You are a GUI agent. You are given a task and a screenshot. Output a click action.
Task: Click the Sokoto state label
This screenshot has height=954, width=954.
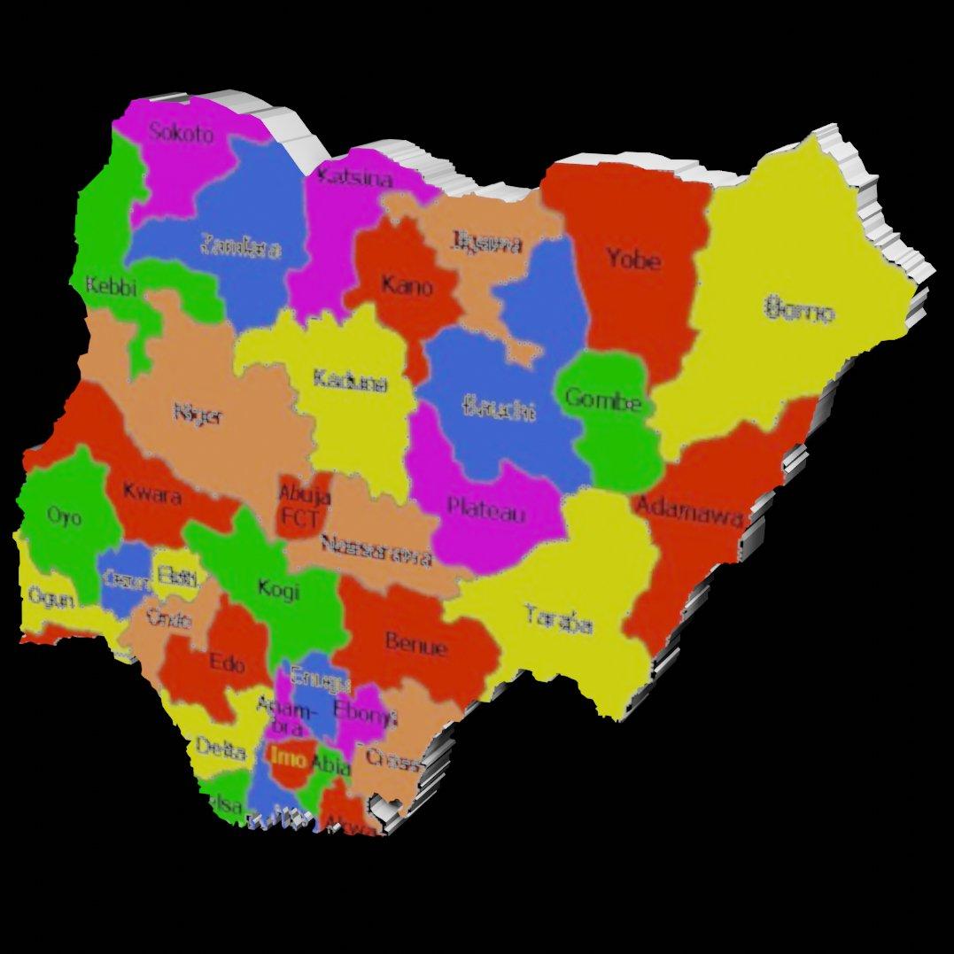181,134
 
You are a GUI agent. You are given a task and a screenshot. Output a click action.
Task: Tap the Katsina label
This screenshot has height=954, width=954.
354,177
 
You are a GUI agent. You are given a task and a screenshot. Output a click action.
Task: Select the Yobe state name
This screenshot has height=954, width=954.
632,260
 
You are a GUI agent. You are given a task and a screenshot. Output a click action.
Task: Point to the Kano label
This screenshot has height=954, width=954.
407,286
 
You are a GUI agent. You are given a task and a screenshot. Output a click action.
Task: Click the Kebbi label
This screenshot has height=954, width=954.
111,286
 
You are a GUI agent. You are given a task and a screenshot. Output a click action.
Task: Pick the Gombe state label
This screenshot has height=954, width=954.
602,400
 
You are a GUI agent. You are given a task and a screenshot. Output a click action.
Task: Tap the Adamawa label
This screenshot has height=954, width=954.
688,510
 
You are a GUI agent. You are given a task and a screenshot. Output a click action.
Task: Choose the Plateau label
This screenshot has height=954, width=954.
486,510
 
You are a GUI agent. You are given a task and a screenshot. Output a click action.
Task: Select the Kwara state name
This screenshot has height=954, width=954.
152,493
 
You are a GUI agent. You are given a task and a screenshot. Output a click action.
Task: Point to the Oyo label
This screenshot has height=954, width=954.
64,516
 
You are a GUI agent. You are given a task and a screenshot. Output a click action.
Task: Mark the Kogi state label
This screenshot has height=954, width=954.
278,588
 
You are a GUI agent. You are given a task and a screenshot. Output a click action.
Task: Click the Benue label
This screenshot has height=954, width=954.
416,645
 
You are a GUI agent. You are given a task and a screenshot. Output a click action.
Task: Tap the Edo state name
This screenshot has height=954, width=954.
227,662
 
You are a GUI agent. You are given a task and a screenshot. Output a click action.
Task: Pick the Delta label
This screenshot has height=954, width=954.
221,750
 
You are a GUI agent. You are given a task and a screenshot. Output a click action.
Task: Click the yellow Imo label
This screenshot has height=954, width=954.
289,757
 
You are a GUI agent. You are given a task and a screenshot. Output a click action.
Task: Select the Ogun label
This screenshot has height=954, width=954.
50,596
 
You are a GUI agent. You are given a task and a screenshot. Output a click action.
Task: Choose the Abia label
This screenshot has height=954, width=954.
330,764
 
